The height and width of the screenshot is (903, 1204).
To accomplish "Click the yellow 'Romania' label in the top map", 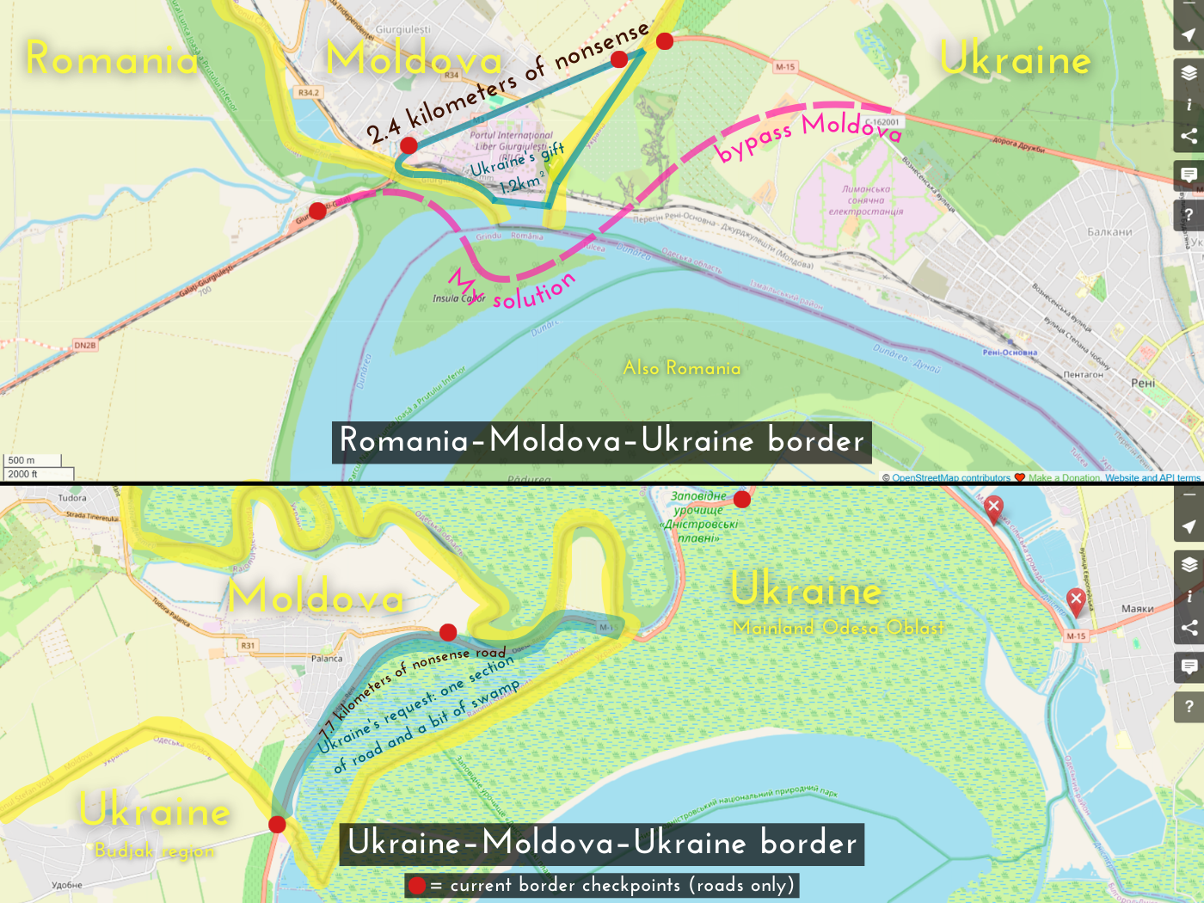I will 113,58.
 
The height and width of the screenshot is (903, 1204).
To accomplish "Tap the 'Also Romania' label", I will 682,368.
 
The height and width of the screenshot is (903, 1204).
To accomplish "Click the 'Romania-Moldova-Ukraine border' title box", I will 602,441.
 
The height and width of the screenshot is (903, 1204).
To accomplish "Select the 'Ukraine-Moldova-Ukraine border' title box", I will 602,843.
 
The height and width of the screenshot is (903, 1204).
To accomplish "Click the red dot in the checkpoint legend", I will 417,886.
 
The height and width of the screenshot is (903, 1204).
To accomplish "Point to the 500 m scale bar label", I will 22,460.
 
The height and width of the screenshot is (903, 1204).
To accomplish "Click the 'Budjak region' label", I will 155,851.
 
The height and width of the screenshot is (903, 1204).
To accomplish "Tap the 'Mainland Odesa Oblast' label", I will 838,628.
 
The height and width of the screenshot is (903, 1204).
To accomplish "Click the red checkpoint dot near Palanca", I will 448,633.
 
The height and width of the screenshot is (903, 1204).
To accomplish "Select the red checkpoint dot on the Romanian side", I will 317,211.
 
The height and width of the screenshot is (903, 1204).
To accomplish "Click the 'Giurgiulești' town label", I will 403,29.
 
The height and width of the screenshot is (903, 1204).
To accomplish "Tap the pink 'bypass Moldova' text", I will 808,133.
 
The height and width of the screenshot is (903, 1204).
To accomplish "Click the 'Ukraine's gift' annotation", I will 517,159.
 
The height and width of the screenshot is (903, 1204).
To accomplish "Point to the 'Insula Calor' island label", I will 458,298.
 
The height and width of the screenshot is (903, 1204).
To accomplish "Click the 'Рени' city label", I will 1143,383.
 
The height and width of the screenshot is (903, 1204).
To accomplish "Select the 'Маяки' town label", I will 1137,609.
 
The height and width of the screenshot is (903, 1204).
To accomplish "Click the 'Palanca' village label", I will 327,659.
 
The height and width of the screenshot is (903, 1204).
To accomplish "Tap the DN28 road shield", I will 85,345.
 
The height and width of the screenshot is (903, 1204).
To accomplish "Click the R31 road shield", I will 248,645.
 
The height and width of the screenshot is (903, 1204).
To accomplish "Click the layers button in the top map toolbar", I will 1189,73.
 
